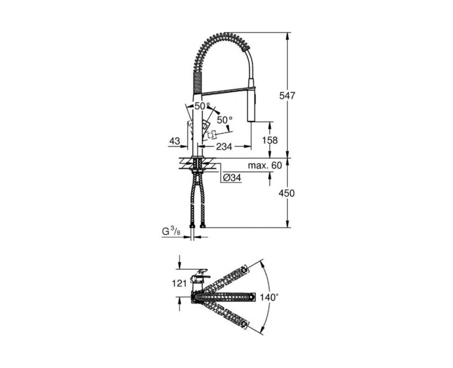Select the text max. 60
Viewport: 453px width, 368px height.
tap(265, 165)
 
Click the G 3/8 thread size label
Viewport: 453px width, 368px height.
tap(172, 232)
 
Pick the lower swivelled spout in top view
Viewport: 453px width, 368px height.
tap(224, 316)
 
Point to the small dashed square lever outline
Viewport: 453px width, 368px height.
tap(213, 135)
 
